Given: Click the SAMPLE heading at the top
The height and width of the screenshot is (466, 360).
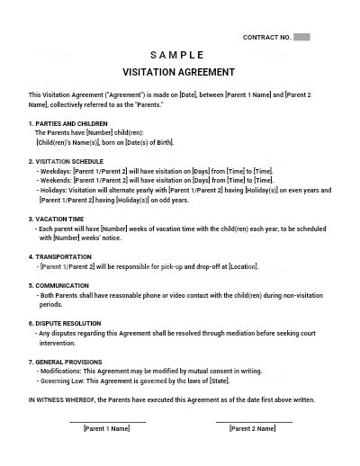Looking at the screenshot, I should (178, 55).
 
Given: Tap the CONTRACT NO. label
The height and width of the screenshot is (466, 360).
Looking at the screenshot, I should (267, 37).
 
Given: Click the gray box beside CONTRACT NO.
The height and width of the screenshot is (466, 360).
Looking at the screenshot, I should (302, 37).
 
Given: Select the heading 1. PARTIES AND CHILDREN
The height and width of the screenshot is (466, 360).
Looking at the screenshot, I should (68, 123).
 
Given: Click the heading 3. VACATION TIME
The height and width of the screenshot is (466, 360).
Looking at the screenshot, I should (58, 218).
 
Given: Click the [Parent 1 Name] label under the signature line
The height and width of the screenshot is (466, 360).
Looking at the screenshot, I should (106, 429).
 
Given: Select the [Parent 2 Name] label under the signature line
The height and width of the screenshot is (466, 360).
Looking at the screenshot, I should (253, 429).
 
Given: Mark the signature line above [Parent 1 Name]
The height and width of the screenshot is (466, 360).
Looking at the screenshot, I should (106, 420).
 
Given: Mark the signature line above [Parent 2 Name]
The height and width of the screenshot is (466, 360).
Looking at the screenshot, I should (253, 420).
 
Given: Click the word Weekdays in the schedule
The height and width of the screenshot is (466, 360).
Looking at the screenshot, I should (56, 169).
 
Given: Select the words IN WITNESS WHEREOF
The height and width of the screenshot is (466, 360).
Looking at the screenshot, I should (62, 399).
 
